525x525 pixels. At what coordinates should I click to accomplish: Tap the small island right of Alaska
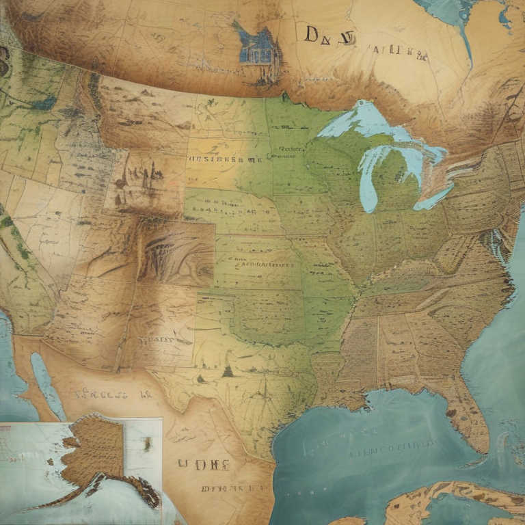click(x=146, y=443)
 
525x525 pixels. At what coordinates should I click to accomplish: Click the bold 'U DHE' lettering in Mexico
click(x=202, y=465)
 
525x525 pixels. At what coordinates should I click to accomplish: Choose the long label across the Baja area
click(x=103, y=394)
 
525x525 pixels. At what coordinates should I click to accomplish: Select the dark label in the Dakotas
click(x=226, y=158)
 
